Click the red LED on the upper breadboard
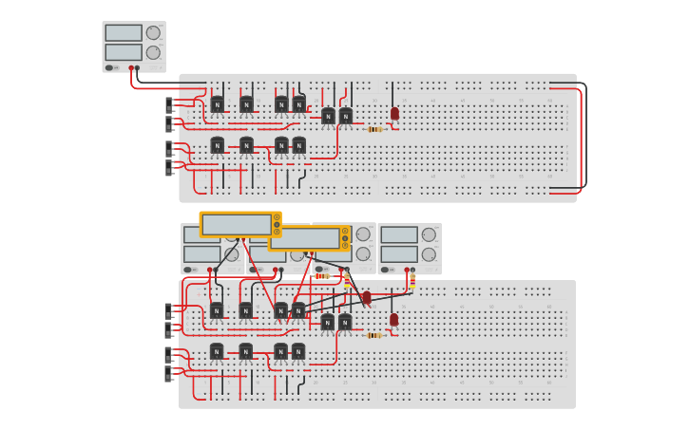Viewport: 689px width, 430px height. point(394,113)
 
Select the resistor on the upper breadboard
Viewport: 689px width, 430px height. point(374,129)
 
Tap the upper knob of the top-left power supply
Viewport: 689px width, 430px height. point(153,33)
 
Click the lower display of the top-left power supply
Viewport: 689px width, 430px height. point(124,52)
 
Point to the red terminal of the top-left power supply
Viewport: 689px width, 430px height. point(131,68)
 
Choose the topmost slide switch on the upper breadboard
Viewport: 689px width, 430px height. point(171,103)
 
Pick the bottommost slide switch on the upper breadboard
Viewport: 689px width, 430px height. point(171,168)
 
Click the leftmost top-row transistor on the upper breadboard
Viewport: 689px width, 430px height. point(218,104)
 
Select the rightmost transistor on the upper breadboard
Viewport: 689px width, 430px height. point(346,116)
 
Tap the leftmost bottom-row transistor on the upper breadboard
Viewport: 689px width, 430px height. point(218,145)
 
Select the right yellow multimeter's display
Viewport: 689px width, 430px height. point(305,237)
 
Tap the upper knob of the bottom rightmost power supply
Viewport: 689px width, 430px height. point(429,234)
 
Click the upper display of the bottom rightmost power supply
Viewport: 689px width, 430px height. point(399,234)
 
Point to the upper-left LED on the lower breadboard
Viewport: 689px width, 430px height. point(367,297)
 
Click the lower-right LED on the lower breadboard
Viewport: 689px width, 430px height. point(393,320)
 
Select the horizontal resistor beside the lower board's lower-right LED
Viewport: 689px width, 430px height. point(374,335)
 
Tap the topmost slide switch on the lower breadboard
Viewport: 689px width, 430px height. point(171,310)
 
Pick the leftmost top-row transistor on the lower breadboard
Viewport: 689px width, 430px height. point(217,310)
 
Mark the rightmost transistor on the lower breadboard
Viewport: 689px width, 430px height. point(345,322)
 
